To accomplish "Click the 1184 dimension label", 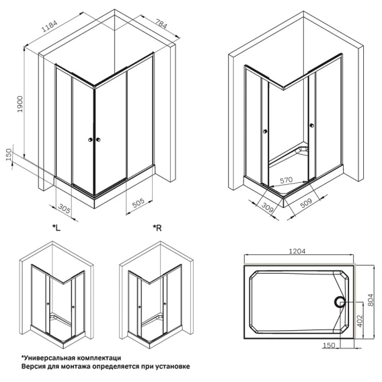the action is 50,26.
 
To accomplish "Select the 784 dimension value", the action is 161,23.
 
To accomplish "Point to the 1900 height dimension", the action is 20,104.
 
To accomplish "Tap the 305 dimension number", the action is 65,208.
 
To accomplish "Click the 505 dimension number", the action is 138,202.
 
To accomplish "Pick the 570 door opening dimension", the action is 286,180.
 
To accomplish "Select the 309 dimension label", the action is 267,208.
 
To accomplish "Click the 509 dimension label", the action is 306,203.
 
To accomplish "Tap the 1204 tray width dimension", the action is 297,251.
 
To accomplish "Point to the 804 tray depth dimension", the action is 370,300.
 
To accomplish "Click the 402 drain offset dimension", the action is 360,321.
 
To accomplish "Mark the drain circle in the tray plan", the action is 339,303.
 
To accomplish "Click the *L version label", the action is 56,228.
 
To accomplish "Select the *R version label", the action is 157,228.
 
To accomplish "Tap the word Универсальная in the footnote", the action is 48,358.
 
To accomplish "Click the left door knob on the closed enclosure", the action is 90,140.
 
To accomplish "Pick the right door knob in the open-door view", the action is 311,126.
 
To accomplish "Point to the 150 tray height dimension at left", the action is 9,155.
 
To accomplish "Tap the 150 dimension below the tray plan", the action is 329,345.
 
